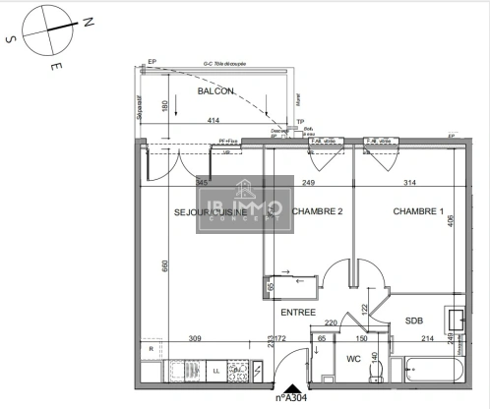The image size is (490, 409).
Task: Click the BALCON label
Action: click(x=215, y=91)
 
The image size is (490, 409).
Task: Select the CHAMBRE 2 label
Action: click(x=317, y=212)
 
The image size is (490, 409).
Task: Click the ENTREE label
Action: click(x=298, y=313)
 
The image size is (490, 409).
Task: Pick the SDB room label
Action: click(x=413, y=321)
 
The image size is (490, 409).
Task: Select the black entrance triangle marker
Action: click(x=287, y=387)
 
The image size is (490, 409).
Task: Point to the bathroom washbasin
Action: click(x=456, y=320)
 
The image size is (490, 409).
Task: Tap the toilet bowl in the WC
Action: click(x=375, y=371)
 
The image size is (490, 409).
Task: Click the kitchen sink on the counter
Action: click(x=180, y=372)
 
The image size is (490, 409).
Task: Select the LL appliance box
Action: click(x=215, y=372)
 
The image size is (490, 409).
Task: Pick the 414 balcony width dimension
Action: click(x=213, y=121)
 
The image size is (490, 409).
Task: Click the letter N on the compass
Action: click(x=88, y=21)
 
